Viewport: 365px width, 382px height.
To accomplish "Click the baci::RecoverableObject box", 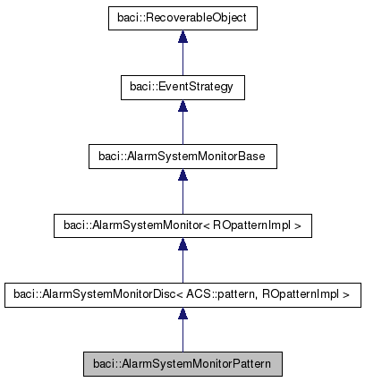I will (x=182, y=17).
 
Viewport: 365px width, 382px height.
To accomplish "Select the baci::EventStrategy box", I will (x=182, y=87).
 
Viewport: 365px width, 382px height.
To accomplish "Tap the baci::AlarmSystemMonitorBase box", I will (x=182, y=157).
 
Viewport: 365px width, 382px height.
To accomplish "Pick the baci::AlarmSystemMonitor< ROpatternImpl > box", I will (x=182, y=226).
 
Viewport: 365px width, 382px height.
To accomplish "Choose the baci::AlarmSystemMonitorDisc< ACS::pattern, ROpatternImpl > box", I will (x=182, y=293).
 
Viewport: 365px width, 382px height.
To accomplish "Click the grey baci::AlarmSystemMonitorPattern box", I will (x=182, y=363).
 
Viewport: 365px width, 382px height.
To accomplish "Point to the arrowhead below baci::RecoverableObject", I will (x=182, y=37).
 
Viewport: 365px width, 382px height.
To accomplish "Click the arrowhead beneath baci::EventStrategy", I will (x=182, y=106).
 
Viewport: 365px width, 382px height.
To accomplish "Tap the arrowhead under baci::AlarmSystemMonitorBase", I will (x=182, y=176).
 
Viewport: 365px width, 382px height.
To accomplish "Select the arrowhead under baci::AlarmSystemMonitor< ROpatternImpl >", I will (x=182, y=245).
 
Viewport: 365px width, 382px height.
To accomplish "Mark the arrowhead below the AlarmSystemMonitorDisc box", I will (x=182, y=314).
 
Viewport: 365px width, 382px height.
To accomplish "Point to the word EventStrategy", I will (x=197, y=87).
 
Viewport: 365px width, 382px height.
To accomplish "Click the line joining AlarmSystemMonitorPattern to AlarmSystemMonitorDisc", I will (x=182, y=335).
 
